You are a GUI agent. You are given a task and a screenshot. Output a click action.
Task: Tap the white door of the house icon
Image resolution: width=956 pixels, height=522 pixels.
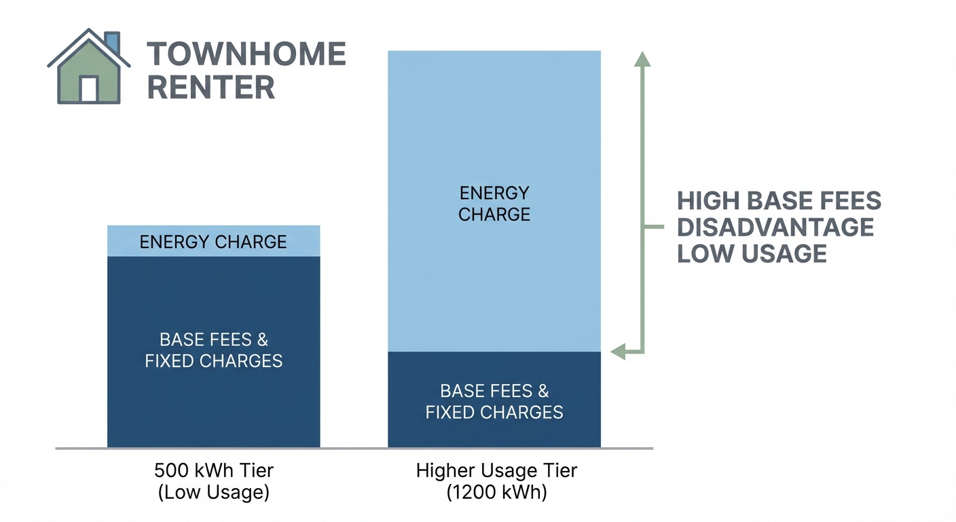pos(89,89)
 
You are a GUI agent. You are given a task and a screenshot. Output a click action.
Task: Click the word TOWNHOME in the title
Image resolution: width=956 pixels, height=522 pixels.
pos(246,54)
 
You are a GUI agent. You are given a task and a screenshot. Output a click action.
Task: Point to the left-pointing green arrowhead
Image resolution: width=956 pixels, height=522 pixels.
pos(618,351)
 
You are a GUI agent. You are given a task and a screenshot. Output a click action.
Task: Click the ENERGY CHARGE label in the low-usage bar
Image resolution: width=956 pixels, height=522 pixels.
pos(213,242)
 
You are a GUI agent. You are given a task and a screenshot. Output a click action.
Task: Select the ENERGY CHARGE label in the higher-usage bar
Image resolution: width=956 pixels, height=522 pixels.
pos(494,204)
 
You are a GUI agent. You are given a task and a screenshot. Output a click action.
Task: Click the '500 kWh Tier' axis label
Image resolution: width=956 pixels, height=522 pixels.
pos(214,470)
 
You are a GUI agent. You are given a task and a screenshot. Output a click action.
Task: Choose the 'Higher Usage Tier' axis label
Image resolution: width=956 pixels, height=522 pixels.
pos(496,470)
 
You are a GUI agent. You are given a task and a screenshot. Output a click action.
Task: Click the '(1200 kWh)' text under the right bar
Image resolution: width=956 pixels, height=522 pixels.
pos(496,492)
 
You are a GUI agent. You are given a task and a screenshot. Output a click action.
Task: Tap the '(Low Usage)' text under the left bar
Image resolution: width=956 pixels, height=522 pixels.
pos(214,492)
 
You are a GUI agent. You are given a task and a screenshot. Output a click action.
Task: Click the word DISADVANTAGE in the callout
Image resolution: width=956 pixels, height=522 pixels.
pos(776,227)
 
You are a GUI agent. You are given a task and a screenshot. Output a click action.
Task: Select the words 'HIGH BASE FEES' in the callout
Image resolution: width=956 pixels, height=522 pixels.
pos(779,201)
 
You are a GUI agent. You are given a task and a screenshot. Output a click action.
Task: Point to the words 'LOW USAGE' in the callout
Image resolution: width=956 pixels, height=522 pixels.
pos(752,254)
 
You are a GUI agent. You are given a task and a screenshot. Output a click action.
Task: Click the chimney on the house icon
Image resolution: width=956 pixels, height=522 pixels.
pos(113,41)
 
